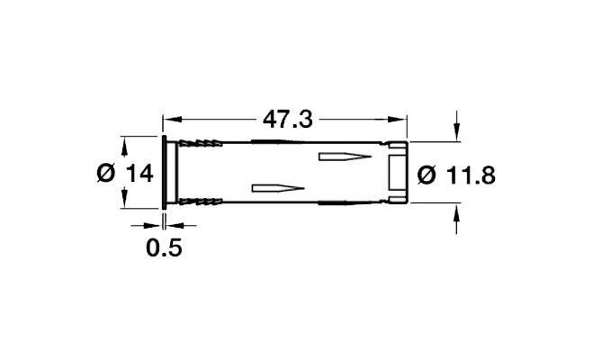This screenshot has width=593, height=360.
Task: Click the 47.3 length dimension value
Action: point(288,120)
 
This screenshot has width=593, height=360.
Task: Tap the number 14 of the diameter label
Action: point(139,174)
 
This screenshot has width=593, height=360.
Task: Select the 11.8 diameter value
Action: point(471,175)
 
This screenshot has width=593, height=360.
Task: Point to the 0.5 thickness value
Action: point(164,248)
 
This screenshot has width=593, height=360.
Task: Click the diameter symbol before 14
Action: point(106,174)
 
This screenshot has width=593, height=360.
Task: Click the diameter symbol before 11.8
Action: point(427,175)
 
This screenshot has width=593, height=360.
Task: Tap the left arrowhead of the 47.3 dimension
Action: point(172,120)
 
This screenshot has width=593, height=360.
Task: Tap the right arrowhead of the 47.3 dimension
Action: point(398,120)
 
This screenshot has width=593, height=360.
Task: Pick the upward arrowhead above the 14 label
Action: point(123,146)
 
